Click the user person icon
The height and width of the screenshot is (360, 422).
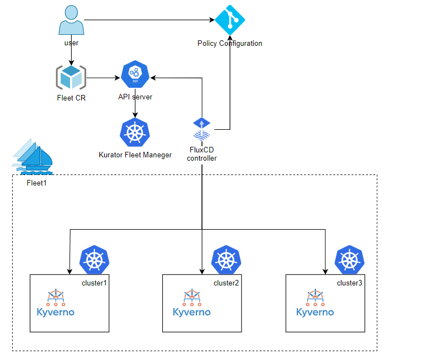[72, 20]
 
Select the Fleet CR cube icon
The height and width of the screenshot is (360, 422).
[71, 78]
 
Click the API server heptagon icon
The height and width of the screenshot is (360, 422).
[135, 75]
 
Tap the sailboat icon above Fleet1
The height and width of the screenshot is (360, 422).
[33, 155]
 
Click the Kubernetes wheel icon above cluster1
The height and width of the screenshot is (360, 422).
[95, 260]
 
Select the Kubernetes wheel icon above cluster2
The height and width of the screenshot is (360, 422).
[227, 260]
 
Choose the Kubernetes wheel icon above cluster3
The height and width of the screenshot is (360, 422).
[350, 260]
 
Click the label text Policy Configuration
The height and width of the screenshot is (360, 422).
[229, 44]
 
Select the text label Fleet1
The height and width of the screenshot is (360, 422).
[36, 183]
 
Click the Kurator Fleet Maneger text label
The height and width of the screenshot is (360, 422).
[135, 155]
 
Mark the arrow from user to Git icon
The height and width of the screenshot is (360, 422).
[149, 20]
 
